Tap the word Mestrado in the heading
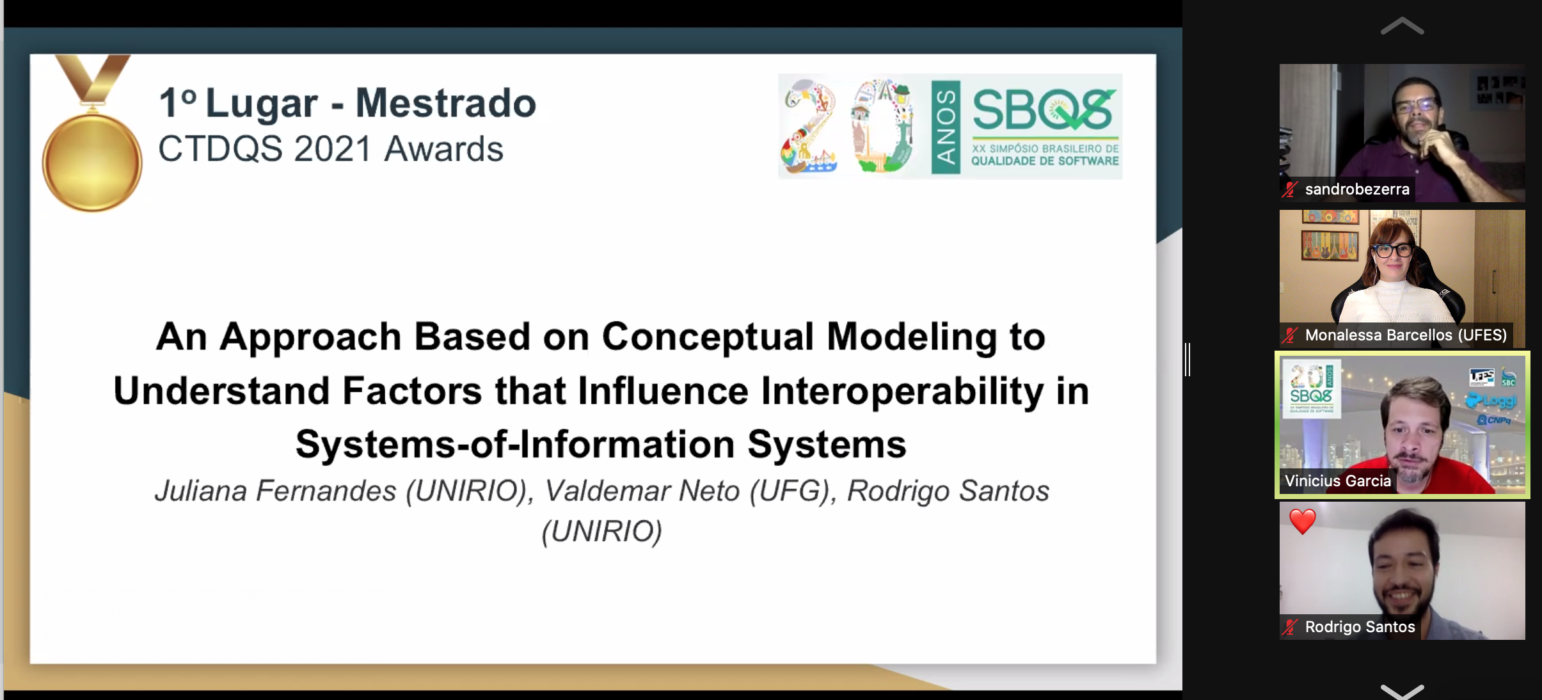click(x=446, y=103)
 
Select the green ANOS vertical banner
click(x=946, y=127)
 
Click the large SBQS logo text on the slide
click(x=1045, y=109)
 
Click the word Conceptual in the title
click(x=708, y=337)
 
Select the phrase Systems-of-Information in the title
click(x=515, y=444)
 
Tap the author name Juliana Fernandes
click(x=276, y=491)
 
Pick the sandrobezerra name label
click(x=1357, y=189)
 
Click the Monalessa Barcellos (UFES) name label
click(x=1406, y=335)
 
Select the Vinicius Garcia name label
click(x=1338, y=481)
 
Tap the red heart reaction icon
click(x=1303, y=521)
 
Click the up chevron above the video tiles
click(x=1402, y=26)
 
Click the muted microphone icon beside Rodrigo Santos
click(x=1290, y=627)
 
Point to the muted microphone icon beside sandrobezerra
click(x=1290, y=189)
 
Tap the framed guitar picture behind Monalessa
click(x=1330, y=245)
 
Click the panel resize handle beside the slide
click(x=1188, y=359)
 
